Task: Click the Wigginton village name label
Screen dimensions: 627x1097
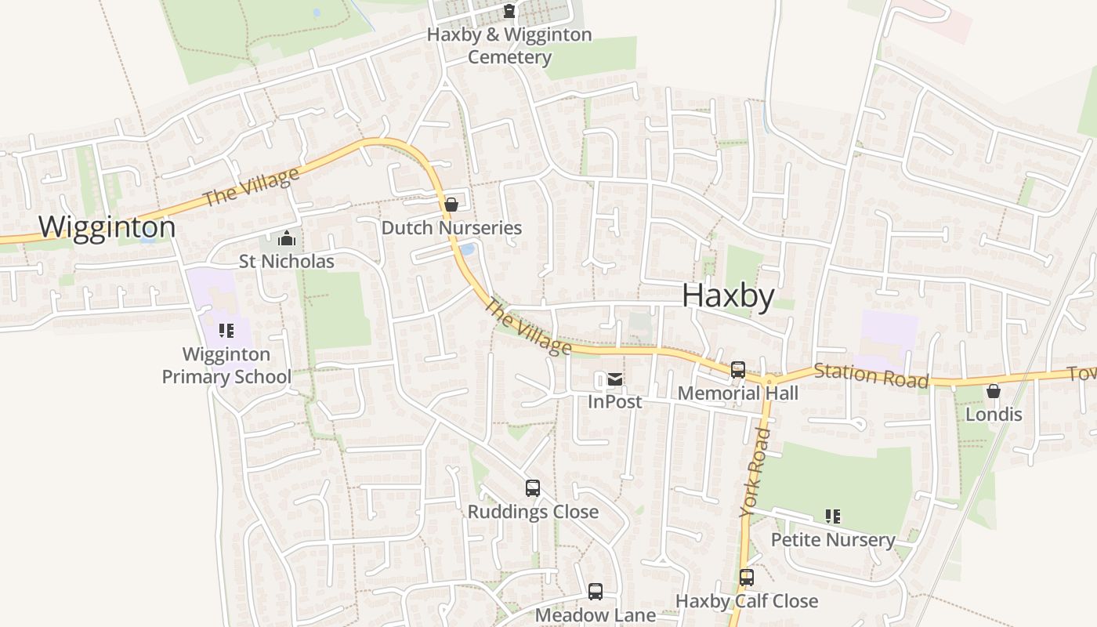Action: (107, 227)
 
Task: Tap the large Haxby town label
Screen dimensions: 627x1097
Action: (728, 296)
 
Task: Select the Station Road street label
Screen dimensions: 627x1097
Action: (871, 375)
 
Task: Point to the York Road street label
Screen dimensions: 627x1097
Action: (755, 473)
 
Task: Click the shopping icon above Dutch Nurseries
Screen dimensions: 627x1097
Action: (451, 205)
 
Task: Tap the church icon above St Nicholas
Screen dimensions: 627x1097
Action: (287, 238)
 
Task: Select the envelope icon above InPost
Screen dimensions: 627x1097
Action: (615, 380)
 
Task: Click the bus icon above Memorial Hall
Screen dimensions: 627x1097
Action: (737, 370)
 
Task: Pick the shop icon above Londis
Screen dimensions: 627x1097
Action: (994, 391)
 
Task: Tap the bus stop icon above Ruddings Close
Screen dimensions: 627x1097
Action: (533, 488)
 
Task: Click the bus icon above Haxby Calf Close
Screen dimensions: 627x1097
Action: (747, 578)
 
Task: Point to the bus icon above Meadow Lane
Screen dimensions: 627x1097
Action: (596, 592)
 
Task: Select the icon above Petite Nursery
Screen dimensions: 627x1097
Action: (833, 516)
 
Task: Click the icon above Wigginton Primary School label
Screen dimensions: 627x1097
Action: (226, 331)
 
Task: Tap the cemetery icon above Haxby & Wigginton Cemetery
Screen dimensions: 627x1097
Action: (509, 11)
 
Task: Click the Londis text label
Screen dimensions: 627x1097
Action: (994, 414)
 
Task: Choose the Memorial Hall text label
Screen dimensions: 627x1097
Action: (738, 393)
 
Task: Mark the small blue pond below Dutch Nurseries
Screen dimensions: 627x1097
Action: (467, 249)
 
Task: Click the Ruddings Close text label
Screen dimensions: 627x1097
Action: (533, 512)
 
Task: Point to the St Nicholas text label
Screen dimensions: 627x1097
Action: (287, 261)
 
